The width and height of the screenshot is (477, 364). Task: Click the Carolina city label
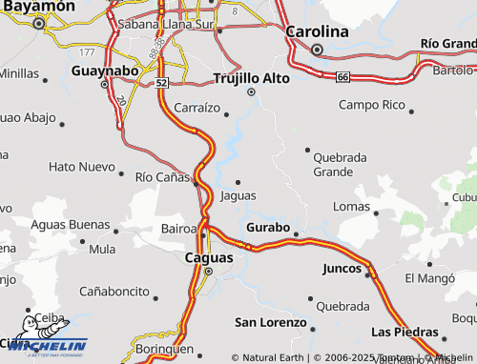pyautogui.click(x=318, y=31)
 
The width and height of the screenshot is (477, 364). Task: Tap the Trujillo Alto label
pyautogui.click(x=251, y=77)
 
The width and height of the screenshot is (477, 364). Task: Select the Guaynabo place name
pyautogui.click(x=105, y=70)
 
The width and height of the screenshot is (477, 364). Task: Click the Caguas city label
pyautogui.click(x=207, y=257)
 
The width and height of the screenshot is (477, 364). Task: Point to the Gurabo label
pyautogui.click(x=267, y=228)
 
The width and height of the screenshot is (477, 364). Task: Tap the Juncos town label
pyautogui.click(x=342, y=269)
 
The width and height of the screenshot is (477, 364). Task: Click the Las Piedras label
pyautogui.click(x=405, y=332)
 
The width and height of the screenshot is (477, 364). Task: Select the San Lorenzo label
pyautogui.click(x=270, y=322)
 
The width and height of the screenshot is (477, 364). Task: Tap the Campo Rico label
pyautogui.click(x=372, y=104)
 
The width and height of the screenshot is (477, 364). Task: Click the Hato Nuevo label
pyautogui.click(x=81, y=167)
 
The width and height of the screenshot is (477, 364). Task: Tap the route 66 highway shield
pyautogui.click(x=342, y=76)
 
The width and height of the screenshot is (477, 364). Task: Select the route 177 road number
pyautogui.click(x=88, y=51)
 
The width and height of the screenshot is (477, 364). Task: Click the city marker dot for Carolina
pyautogui.click(x=318, y=50)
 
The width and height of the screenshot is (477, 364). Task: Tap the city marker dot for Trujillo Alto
pyautogui.click(x=251, y=92)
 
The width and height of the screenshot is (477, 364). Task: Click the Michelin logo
pyautogui.click(x=45, y=345)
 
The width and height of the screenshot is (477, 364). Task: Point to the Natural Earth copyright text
pyautogui.click(x=268, y=357)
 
